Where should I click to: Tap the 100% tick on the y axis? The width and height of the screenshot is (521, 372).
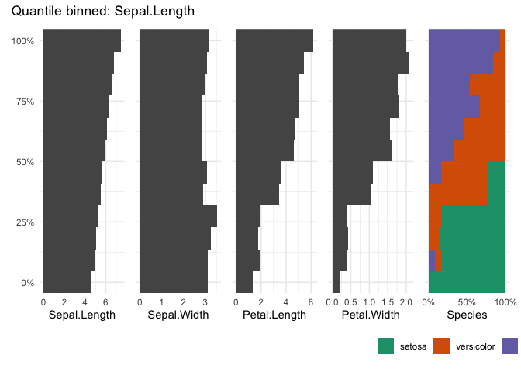pos(23,41)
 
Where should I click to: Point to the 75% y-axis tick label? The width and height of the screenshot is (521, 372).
pos(25,102)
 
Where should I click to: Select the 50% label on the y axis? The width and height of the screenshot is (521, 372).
pos(25,162)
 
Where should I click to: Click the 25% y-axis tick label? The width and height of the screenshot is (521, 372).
pos(25,222)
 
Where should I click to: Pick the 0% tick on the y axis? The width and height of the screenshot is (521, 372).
pos(27,283)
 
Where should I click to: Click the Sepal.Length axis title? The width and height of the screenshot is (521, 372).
pos(81,315)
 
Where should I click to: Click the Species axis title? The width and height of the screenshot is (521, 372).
pos(467,315)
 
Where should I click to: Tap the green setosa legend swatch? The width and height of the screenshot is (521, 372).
pos(386,346)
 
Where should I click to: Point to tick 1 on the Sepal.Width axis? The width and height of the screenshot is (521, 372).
pos(161,301)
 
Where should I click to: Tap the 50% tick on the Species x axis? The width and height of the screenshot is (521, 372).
pos(467,301)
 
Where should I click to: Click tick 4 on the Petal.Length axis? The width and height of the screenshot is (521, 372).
pos(285,301)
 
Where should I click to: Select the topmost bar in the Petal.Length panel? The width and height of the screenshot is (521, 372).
pos(274,41)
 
